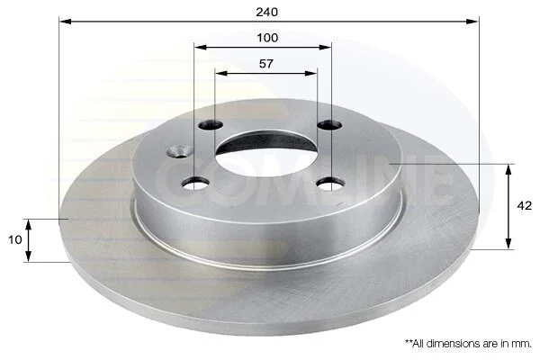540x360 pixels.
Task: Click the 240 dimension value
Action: (266, 12)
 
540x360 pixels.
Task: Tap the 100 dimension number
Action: (267, 38)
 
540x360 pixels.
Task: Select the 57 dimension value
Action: (265, 64)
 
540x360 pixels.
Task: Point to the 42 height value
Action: (524, 206)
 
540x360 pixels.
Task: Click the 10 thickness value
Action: (15, 239)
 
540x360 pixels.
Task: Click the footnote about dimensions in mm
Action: (468, 343)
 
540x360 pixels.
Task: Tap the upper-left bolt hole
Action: (211, 125)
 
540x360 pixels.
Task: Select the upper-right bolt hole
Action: (329, 125)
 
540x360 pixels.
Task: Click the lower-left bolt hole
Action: (195, 183)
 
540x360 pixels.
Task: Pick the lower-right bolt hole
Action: (330, 184)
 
